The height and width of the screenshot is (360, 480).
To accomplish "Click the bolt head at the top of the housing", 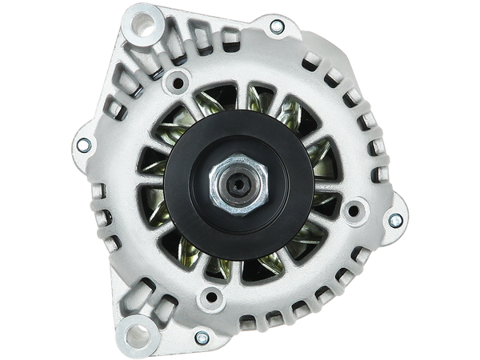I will tap(277, 26).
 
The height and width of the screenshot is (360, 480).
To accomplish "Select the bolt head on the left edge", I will tap(81, 145).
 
